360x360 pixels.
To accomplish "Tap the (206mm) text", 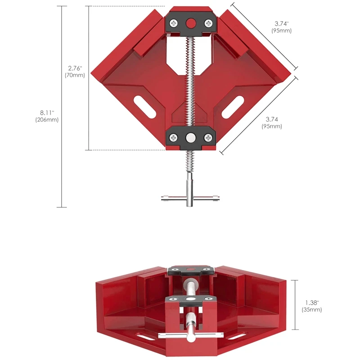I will [47, 120].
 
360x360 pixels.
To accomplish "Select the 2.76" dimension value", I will [75, 68].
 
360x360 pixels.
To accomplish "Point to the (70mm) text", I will [75, 75].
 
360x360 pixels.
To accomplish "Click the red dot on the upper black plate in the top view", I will [191, 23].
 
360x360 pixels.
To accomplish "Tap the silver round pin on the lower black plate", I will [191, 138].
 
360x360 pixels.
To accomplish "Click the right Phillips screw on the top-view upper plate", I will [208, 23].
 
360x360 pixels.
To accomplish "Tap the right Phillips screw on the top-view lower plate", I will [208, 138].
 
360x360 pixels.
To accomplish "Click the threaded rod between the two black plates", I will [191, 81].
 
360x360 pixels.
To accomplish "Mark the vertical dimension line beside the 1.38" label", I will [295, 306].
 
